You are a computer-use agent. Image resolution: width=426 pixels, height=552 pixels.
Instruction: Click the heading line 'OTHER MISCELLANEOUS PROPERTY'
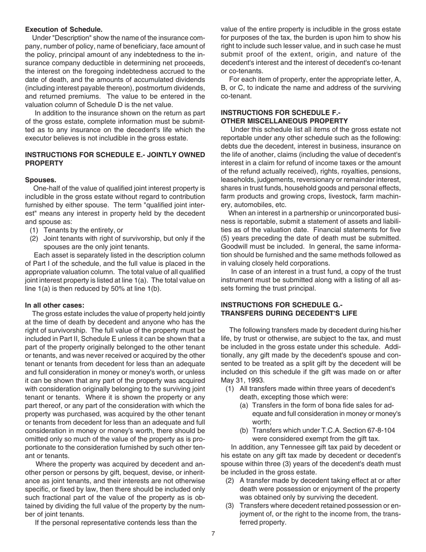click(284, 121)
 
